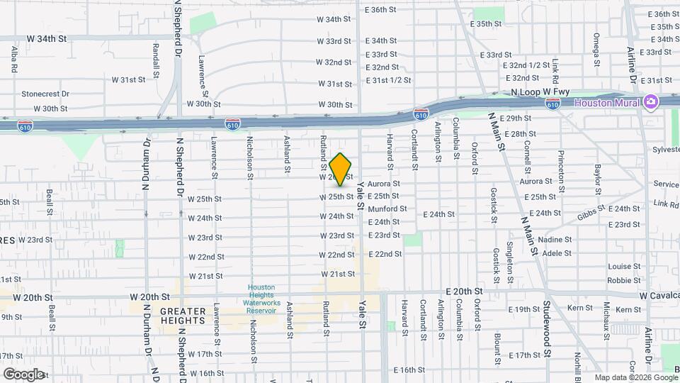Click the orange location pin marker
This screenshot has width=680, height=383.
click(x=341, y=169)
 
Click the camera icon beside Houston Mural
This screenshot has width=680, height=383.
click(x=650, y=103)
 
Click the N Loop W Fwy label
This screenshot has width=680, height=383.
click(x=540, y=93)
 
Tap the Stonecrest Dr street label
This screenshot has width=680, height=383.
click(x=45, y=93)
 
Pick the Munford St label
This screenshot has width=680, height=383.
click(x=387, y=209)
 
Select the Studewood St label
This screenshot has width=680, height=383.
click(x=547, y=333)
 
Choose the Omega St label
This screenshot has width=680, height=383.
click(x=597, y=45)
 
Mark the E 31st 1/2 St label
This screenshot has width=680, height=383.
click(x=388, y=80)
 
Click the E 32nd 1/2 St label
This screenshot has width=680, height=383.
click(x=526, y=65)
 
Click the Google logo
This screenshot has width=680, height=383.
click(x=24, y=374)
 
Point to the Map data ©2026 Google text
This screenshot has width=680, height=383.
click(x=634, y=377)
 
